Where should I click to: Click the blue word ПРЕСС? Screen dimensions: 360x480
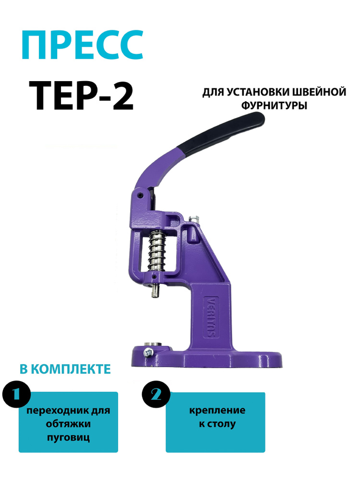click(83, 45)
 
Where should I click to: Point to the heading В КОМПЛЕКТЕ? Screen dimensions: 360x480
click(65, 369)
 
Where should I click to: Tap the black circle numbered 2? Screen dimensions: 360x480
click(156, 395)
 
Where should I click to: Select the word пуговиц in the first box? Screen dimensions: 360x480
click(68, 437)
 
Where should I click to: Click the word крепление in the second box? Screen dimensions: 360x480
click(217, 410)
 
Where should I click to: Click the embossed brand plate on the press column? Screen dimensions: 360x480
click(210, 316)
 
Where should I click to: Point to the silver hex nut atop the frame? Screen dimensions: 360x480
click(194, 219)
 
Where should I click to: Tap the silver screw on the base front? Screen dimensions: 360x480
click(148, 353)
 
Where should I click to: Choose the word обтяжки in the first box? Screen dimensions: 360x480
click(68, 424)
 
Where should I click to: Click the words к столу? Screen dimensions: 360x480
click(217, 424)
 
